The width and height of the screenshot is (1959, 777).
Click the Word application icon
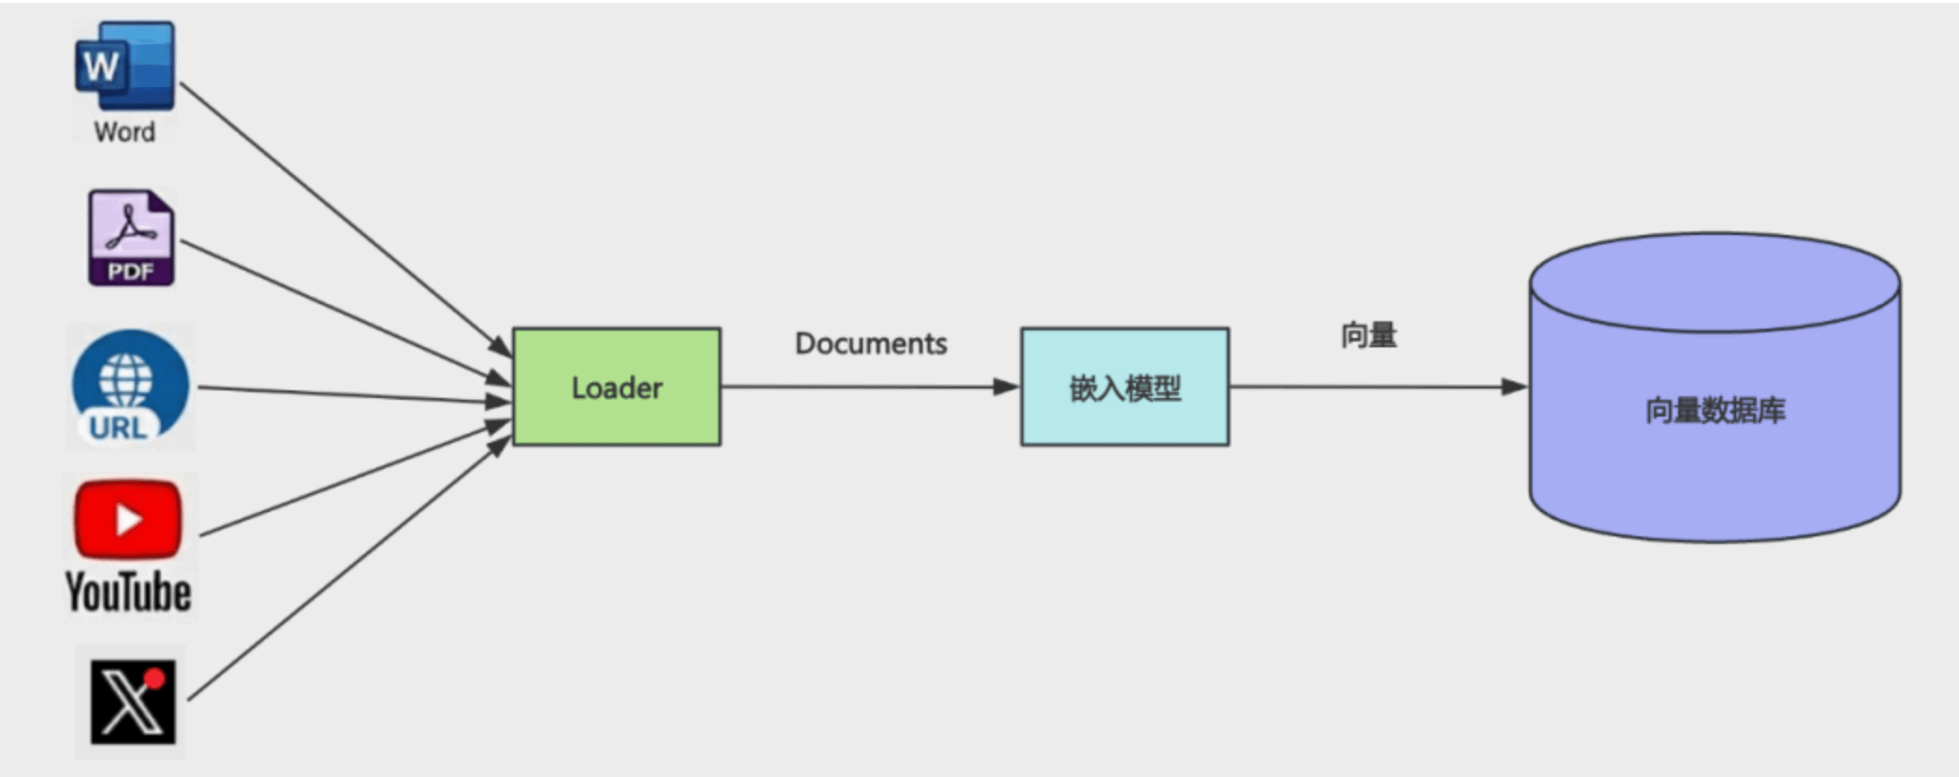(124, 66)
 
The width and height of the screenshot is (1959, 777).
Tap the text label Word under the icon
(124, 132)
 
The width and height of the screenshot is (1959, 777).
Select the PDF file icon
(131, 238)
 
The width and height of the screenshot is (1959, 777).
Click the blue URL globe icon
(130, 387)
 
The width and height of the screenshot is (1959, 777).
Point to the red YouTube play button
(128, 520)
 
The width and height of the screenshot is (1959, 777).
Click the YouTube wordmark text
(128, 593)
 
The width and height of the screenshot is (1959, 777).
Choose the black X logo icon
(132, 702)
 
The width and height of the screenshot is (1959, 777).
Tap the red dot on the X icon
(154, 678)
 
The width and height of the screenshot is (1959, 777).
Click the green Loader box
(617, 387)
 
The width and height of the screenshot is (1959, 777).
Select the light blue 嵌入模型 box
(1125, 387)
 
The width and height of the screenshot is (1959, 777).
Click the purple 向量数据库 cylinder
(1715, 388)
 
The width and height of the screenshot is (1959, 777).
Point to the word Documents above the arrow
(871, 344)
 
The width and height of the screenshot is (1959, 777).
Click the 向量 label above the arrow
(1369, 335)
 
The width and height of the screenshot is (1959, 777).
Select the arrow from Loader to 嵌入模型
(870, 387)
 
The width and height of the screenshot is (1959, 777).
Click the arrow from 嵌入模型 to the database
(1379, 387)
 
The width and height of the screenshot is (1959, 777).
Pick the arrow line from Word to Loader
(346, 220)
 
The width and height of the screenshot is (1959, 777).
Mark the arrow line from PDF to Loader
(346, 313)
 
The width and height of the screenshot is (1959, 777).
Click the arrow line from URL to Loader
(356, 395)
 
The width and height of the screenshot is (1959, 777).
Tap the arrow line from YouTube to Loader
(356, 479)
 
